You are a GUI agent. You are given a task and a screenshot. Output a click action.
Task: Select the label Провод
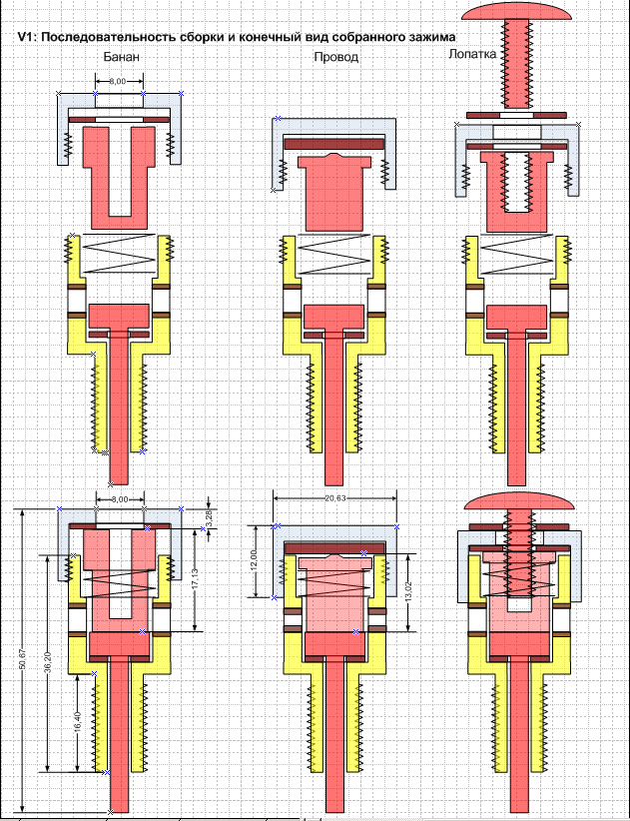pyautogui.click(x=335, y=58)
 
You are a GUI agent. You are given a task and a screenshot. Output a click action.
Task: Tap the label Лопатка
pyautogui.click(x=473, y=54)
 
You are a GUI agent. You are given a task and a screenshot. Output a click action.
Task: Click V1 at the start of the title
pyautogui.click(x=28, y=37)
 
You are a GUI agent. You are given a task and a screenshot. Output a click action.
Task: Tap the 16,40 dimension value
pyautogui.click(x=77, y=722)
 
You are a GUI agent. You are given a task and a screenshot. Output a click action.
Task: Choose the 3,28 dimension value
pyautogui.click(x=208, y=517)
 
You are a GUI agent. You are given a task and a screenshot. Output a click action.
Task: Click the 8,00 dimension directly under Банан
pyautogui.click(x=118, y=82)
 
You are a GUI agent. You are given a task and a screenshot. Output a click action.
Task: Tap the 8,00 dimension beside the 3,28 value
pyautogui.click(x=120, y=498)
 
